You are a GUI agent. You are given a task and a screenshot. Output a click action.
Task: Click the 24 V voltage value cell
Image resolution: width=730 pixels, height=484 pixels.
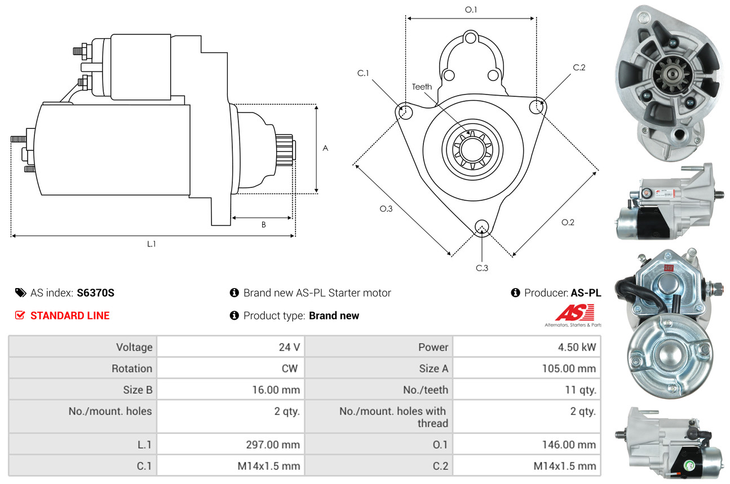[289, 347]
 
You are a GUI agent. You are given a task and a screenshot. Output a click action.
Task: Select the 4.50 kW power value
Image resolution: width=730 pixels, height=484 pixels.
[577, 347]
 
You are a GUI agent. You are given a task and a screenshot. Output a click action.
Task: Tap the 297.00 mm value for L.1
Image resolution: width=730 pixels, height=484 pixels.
[273, 444]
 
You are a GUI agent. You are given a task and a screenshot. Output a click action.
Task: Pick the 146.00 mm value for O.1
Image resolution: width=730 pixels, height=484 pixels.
[569, 444]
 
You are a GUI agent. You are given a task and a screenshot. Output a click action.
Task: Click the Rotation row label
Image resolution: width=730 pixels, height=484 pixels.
[132, 368]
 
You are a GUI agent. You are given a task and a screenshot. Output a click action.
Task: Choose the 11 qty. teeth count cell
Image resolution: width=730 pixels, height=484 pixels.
[581, 389]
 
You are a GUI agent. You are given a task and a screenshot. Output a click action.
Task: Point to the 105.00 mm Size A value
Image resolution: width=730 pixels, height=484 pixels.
[569, 368]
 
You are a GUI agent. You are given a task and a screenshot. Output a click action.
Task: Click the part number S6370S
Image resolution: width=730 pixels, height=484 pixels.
[95, 293]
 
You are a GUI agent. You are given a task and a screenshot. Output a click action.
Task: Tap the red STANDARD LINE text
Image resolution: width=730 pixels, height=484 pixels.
[70, 316]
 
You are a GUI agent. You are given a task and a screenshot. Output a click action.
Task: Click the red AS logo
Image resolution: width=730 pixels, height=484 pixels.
[574, 312]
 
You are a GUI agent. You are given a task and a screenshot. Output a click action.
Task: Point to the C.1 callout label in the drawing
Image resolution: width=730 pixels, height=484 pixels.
[363, 73]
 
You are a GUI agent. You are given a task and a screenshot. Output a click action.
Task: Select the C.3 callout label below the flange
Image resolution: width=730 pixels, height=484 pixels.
[482, 268]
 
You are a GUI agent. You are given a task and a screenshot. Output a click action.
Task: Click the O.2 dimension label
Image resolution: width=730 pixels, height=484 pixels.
[568, 222]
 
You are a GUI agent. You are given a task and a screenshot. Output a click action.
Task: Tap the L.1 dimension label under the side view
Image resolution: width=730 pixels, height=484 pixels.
[152, 244]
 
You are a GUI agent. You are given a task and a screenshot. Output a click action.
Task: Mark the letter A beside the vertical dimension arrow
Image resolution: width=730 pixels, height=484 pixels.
[325, 149]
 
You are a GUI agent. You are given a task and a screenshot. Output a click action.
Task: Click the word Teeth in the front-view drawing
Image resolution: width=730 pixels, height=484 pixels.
[422, 87]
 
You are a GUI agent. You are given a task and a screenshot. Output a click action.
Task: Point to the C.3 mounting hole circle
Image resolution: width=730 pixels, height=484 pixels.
[481, 227]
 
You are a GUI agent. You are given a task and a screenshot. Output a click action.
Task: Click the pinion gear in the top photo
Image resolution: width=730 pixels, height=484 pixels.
[672, 75]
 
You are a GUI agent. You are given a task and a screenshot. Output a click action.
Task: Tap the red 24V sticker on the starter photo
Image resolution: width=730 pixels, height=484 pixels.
[669, 268]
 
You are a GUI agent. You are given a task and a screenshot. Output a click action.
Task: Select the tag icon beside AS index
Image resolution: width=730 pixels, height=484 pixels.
[21, 293]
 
